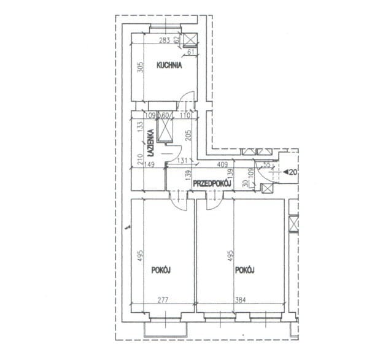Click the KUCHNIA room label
tap(169, 66)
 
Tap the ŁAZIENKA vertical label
tap(151, 143)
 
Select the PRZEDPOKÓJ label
tap(212, 184)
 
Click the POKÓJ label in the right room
tap(245, 270)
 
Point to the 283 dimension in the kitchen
tap(165, 40)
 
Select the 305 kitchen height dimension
tap(141, 67)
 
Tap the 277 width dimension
tap(163, 300)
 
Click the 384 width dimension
tap(241, 300)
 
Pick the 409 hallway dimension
tap(222, 164)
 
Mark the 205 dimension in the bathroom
tap(188, 136)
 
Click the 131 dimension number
tap(182, 161)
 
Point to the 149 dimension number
tap(149, 164)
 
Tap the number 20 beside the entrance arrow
tap(293, 172)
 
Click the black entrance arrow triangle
tap(286, 172)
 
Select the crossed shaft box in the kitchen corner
tap(190, 39)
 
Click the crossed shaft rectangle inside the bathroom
tap(165, 127)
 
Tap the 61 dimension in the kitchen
tap(191, 52)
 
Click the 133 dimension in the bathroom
tap(141, 126)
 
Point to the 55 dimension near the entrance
tap(266, 164)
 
